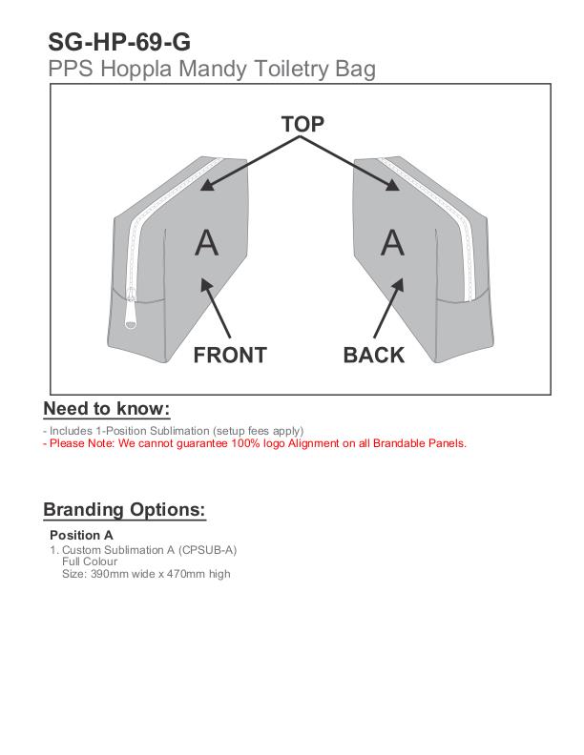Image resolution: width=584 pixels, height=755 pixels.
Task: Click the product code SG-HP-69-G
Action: point(119,42)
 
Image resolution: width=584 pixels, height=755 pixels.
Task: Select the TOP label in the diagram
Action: point(302,124)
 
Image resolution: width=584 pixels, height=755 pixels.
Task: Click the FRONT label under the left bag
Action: point(230,356)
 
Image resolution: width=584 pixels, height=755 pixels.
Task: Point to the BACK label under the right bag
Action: point(374,356)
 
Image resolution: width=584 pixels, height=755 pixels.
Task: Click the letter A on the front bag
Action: point(206,243)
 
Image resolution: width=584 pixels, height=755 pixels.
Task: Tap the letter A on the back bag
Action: point(392,243)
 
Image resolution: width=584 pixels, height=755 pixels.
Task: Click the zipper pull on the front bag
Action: point(133,313)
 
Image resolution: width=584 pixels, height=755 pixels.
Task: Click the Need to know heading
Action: point(107,409)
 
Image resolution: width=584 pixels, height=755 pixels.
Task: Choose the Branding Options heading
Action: point(124,509)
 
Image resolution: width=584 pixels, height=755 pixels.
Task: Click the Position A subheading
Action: point(81,535)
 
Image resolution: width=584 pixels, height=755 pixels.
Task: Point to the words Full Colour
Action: point(89,561)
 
